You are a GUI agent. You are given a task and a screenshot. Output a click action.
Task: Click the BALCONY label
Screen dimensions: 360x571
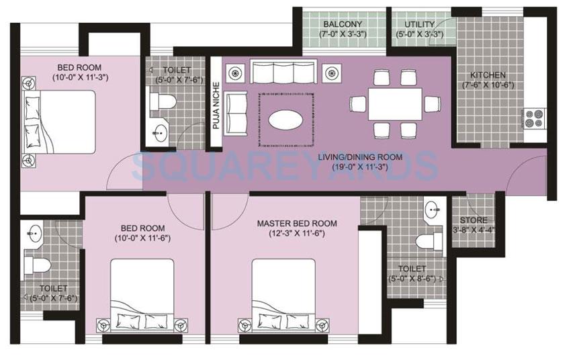point(343,24)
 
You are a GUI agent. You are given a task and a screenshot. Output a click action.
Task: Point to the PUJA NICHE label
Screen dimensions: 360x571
point(216,105)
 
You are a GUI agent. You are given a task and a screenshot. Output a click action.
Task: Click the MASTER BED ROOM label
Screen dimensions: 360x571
point(297,224)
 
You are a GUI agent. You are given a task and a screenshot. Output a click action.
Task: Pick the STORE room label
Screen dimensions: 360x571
point(473,220)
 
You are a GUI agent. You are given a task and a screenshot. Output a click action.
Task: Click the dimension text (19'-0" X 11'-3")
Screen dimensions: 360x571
point(360,168)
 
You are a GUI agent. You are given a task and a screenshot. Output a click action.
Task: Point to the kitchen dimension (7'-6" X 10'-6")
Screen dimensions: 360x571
point(488,85)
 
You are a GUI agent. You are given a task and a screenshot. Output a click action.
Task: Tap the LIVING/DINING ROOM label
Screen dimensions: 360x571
point(360,157)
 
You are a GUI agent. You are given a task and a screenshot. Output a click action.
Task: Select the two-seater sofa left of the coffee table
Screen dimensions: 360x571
point(236,112)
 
